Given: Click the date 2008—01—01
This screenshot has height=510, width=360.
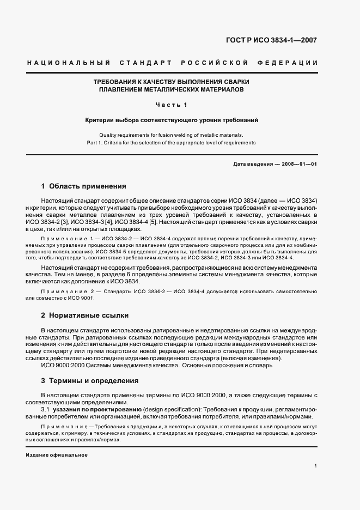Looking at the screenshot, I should [299, 164].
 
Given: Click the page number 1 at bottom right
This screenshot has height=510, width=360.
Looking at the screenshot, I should [315, 466].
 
